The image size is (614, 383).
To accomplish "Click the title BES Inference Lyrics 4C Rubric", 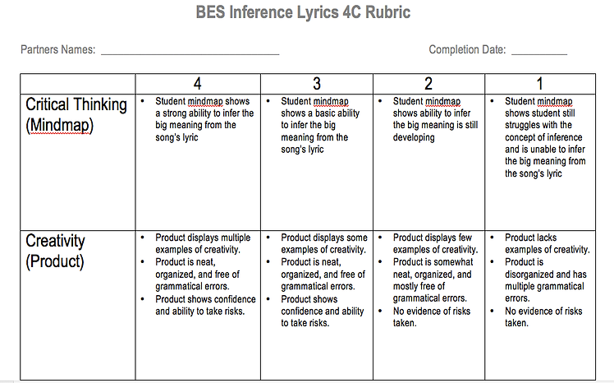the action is pyautogui.click(x=303, y=14).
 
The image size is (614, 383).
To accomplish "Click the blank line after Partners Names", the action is pyautogui.click(x=190, y=53).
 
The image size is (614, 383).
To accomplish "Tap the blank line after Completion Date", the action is pyautogui.click(x=538, y=53).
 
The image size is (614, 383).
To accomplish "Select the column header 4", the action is pyautogui.click(x=198, y=84).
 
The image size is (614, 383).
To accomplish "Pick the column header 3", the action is pyautogui.click(x=317, y=84).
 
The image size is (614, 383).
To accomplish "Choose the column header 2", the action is pyautogui.click(x=428, y=84).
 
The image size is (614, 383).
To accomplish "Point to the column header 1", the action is pyautogui.click(x=540, y=84).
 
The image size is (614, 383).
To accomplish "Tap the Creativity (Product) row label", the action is pyautogui.click(x=56, y=251).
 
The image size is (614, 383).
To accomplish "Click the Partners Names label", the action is pyautogui.click(x=58, y=50).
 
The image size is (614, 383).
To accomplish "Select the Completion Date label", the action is pyautogui.click(x=467, y=50).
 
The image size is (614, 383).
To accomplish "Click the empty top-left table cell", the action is pyautogui.click(x=77, y=84).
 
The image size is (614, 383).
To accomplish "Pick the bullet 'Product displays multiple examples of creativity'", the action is pyautogui.click(x=203, y=243).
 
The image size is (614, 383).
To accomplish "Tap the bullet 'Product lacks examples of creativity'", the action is pyautogui.click(x=547, y=243).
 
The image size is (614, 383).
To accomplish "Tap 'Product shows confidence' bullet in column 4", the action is pyautogui.click(x=204, y=305).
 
